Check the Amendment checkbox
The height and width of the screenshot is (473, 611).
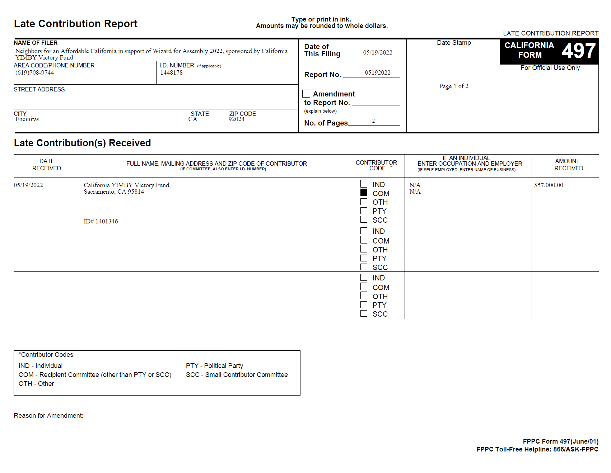pyautogui.click(x=306, y=94)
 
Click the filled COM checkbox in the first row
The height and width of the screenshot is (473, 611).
pyautogui.click(x=364, y=193)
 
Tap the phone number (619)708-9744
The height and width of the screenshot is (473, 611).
pyautogui.click(x=34, y=73)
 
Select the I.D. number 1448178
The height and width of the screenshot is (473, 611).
pyautogui.click(x=171, y=73)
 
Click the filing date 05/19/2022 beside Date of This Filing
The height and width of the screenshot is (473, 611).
pyautogui.click(x=377, y=52)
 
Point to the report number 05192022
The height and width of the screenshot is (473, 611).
pyautogui.click(x=377, y=72)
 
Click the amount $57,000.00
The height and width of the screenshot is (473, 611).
pyautogui.click(x=549, y=185)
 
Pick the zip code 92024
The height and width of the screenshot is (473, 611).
pyautogui.click(x=236, y=119)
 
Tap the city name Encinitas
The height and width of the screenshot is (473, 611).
pyautogui.click(x=27, y=119)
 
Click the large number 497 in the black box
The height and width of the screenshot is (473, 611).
pyautogui.click(x=578, y=51)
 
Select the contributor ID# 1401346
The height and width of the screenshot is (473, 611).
pyautogui.click(x=101, y=221)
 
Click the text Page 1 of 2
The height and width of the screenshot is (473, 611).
pyautogui.click(x=453, y=86)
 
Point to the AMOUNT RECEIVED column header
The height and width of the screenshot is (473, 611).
pyautogui.click(x=568, y=165)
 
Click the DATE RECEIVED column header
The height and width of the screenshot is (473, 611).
pyautogui.click(x=47, y=165)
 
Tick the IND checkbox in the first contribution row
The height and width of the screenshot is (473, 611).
pyautogui.click(x=364, y=184)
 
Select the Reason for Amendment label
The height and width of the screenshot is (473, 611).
pyautogui.click(x=48, y=416)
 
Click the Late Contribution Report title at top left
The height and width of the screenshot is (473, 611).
pyautogui.click(x=76, y=24)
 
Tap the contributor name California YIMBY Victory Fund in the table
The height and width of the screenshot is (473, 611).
pyautogui.click(x=126, y=185)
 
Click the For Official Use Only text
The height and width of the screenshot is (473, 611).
pyautogui.click(x=550, y=68)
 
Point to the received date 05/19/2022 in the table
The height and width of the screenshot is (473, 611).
pyautogui.click(x=28, y=185)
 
